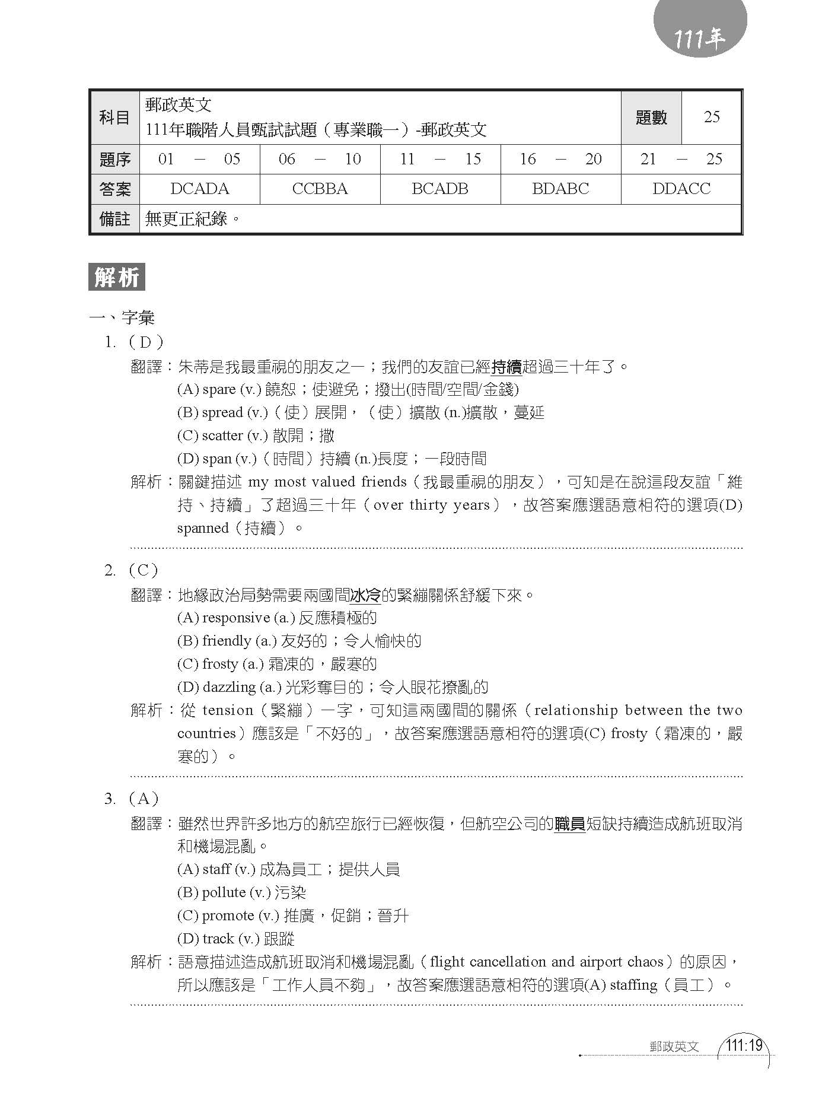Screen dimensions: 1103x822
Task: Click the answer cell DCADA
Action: coord(199,189)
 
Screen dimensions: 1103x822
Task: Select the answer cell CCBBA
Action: coord(320,189)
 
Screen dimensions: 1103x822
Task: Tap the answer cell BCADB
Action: coord(440,189)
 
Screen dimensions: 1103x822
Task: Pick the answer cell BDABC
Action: coord(560,189)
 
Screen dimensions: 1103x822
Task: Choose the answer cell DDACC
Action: coord(681,189)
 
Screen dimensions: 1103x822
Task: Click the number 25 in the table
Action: coord(711,117)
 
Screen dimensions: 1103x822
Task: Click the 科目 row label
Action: coord(114,117)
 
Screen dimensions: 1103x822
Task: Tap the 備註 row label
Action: coord(114,219)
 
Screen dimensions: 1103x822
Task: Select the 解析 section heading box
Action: coord(117,278)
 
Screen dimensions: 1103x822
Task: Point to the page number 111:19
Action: coord(744,1045)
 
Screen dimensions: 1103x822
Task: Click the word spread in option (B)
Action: coord(222,412)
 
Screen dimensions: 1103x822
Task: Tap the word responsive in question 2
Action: coord(236,618)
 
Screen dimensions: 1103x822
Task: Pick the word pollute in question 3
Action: coord(224,892)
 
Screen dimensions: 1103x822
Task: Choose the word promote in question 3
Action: coord(228,916)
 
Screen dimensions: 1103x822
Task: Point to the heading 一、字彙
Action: coord(122,318)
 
